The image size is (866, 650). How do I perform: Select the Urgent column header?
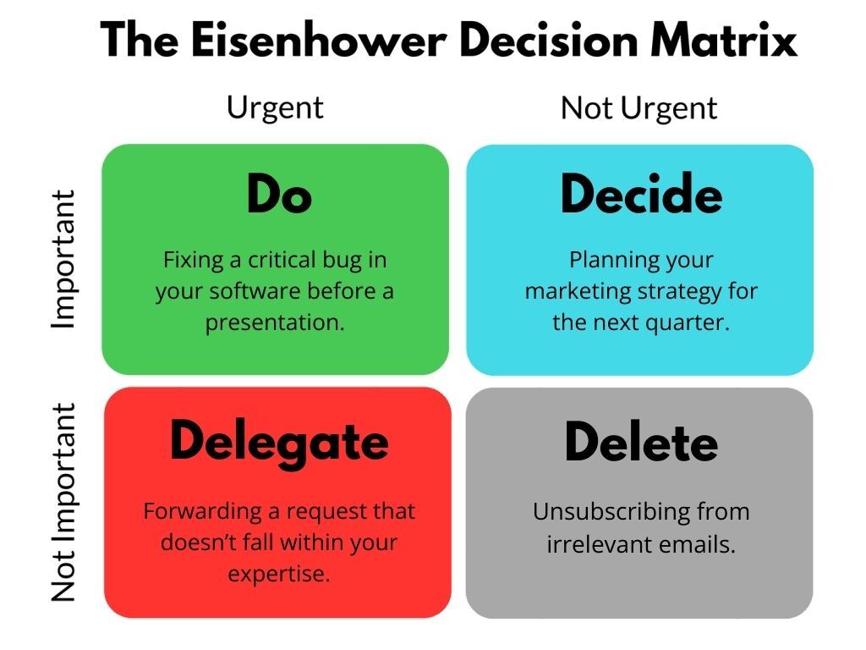[x=275, y=107]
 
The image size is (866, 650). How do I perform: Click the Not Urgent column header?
[x=639, y=108]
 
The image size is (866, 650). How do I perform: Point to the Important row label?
[x=63, y=259]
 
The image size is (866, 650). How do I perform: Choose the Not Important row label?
[x=63, y=503]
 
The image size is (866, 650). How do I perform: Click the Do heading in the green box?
[x=279, y=195]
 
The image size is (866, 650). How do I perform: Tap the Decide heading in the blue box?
[x=641, y=195]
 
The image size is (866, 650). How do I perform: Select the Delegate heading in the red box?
[x=279, y=442]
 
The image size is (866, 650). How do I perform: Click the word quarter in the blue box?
[x=687, y=322]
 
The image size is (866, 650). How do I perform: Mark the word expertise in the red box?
[x=278, y=574]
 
